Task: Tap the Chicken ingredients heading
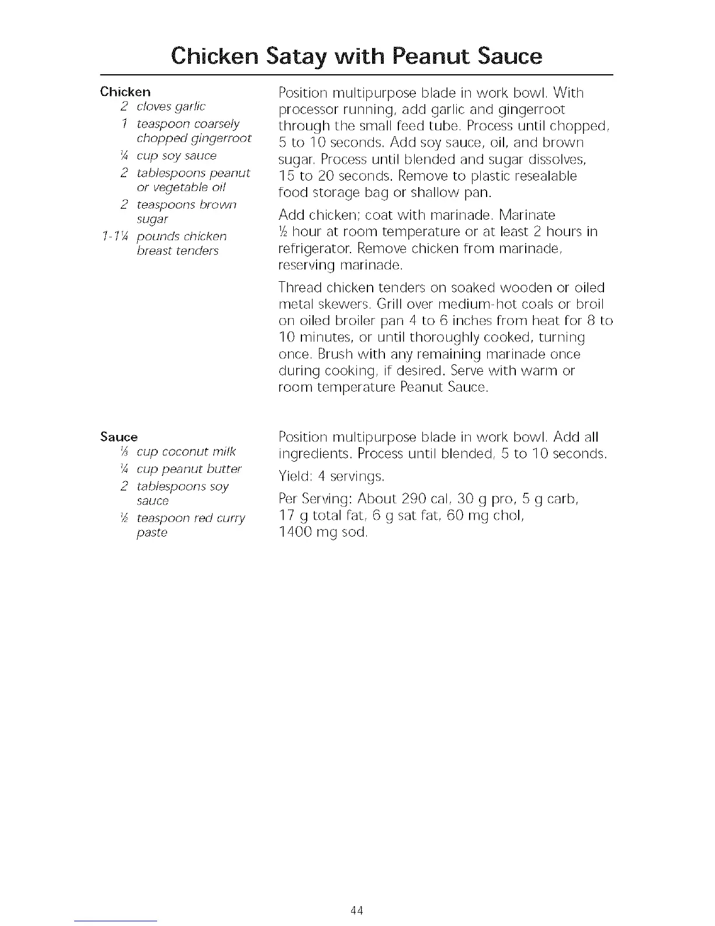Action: coord(126,92)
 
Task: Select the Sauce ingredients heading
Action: coord(119,437)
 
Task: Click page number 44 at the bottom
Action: coord(357,910)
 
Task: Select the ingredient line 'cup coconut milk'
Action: coord(186,452)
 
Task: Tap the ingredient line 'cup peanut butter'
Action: coord(189,469)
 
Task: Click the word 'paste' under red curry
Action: coord(152,533)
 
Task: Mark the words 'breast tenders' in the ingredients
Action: coord(178,251)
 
